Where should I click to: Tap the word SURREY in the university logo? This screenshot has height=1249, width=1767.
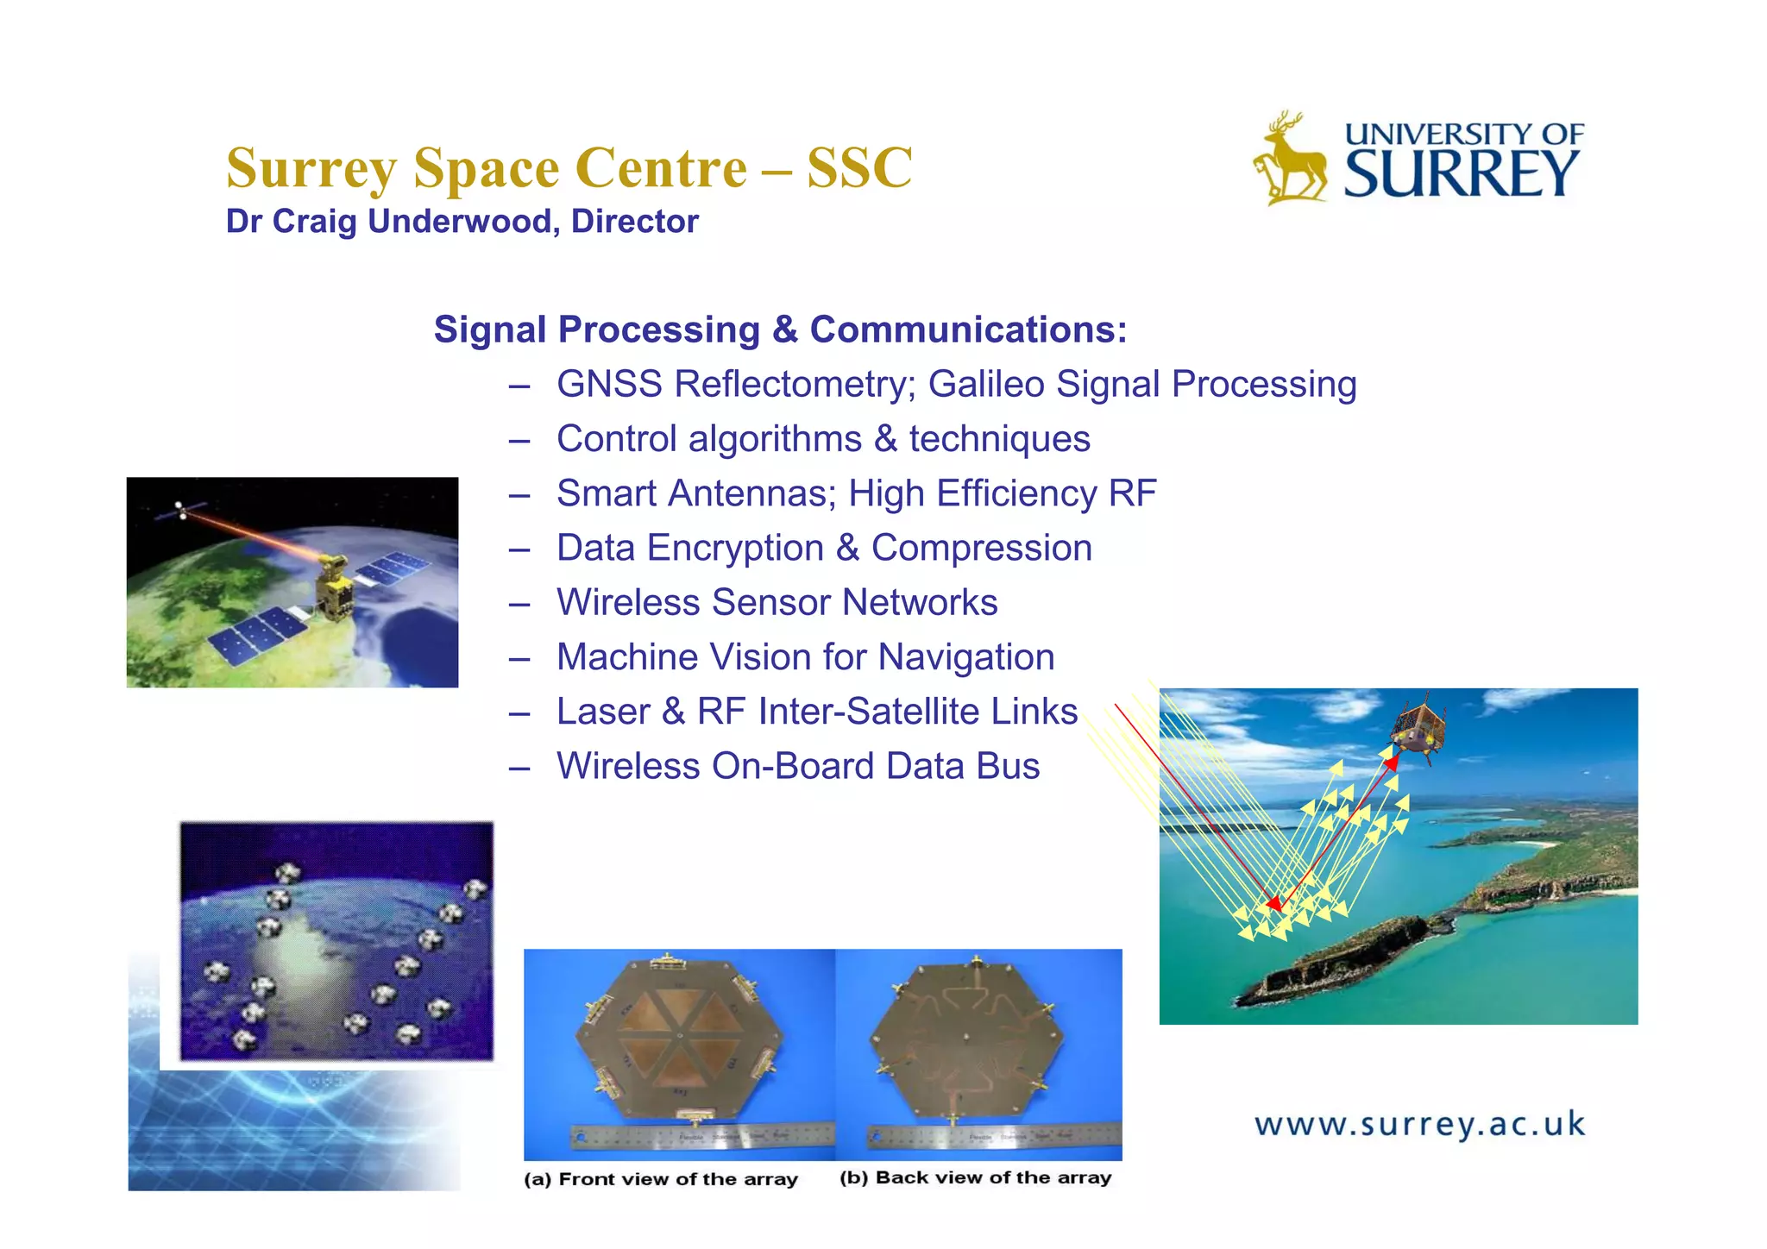(1462, 175)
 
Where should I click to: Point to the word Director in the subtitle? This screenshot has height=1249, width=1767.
(634, 222)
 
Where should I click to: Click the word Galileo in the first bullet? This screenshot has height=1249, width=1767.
(986, 385)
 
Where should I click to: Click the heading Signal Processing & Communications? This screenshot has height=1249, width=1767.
(780, 330)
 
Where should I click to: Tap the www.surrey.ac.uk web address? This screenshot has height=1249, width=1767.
(1419, 1125)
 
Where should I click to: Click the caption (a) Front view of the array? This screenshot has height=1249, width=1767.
(661, 1179)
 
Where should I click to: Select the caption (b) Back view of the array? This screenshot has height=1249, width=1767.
(975, 1178)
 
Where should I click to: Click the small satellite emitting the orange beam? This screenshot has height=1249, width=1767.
(181, 510)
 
